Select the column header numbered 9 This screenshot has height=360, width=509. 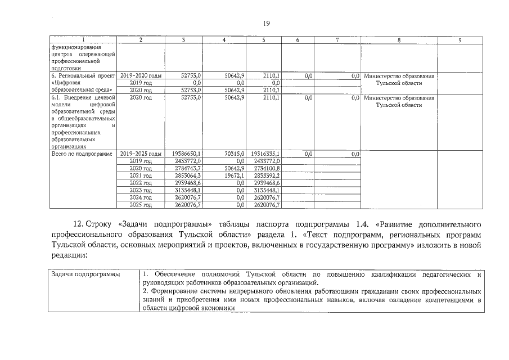[460, 40]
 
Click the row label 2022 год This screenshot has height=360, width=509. [141, 183]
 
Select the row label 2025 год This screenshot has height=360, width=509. [141, 205]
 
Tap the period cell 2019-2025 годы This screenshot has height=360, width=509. [141, 153]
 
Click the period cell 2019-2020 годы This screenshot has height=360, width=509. [141, 75]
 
